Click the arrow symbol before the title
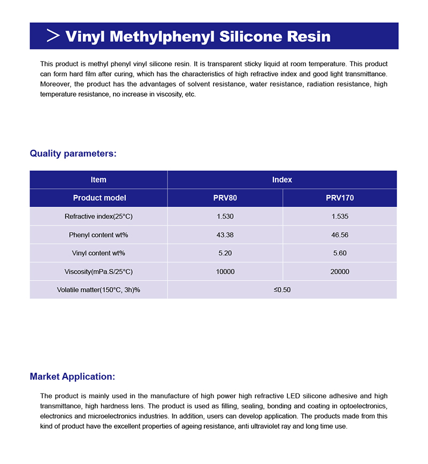[53, 36]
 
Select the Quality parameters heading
[73, 154]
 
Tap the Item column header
[98, 180]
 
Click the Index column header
[282, 180]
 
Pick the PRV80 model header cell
[225, 198]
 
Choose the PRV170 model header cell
[340, 198]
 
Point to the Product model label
[100, 198]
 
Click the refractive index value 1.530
[225, 216]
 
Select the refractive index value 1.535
[340, 216]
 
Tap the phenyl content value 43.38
[225, 235]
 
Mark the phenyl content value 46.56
[340, 235]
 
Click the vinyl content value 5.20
[225, 253]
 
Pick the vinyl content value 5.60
[340, 253]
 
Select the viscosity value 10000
[225, 272]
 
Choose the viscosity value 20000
[340, 272]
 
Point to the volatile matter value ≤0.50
[282, 290]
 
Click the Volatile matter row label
[98, 290]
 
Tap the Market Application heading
[72, 376]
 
